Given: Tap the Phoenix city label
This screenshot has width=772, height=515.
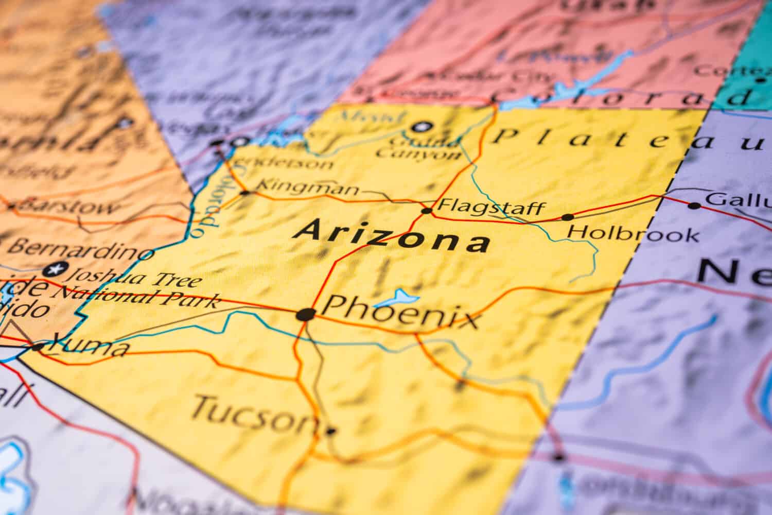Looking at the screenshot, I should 399,312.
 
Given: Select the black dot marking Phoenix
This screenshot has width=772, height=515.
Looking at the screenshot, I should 305,314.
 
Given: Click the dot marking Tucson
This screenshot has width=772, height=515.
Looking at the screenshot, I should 330,431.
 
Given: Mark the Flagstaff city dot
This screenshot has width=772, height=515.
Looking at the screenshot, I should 427,211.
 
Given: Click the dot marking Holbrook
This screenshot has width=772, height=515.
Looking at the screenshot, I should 567,217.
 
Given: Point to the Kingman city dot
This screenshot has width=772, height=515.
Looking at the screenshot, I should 245,193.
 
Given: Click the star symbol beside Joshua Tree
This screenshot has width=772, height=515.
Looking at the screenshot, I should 55,268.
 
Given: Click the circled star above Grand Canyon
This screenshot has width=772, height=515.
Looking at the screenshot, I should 423,126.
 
